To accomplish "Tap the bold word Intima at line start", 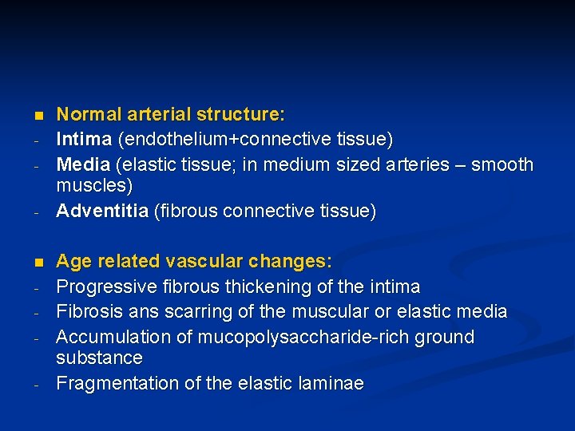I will pyautogui.click(x=84, y=140).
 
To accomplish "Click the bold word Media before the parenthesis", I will pyautogui.click(x=83, y=164).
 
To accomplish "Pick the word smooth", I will pyautogui.click(x=502, y=164).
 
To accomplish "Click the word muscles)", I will pyautogui.click(x=94, y=186).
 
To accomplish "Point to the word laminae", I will pyautogui.click(x=330, y=383).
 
